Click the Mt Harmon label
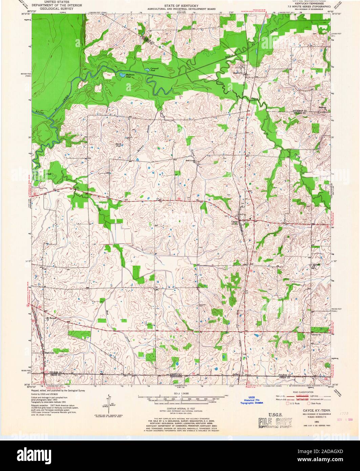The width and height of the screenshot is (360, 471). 50,318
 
